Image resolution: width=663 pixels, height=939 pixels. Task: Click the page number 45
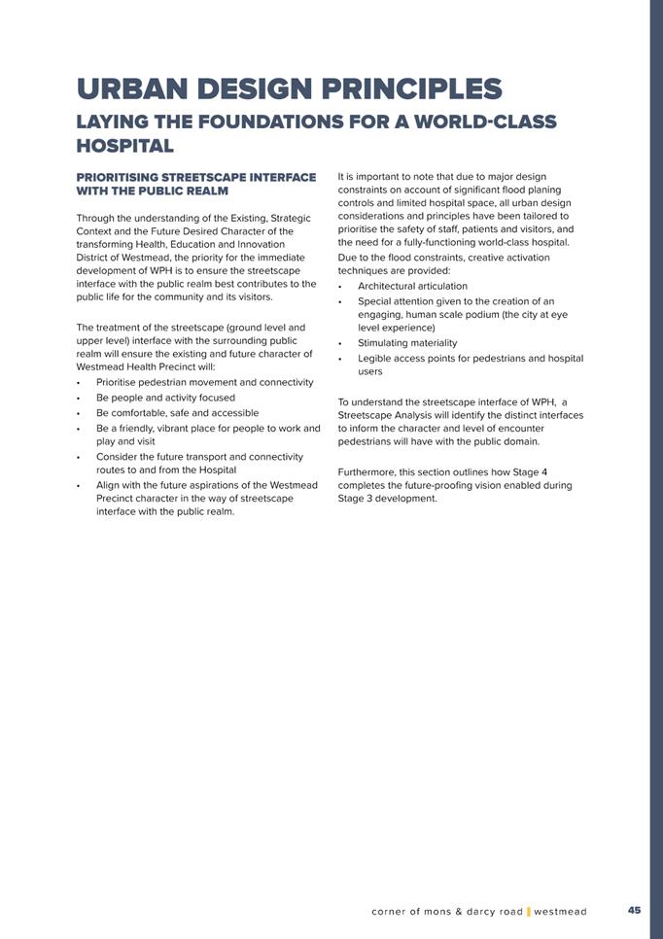[634, 911]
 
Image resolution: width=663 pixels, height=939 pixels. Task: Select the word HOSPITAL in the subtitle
[124, 147]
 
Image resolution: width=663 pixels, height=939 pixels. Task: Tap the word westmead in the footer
[561, 912]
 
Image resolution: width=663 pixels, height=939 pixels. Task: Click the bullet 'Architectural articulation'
[412, 286]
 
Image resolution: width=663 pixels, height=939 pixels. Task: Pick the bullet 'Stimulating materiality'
[407, 343]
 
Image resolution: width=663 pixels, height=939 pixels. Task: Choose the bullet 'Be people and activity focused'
[165, 398]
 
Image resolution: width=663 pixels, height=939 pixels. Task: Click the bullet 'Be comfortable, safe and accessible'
[177, 413]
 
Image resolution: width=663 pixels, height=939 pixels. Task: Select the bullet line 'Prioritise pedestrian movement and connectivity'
[204, 383]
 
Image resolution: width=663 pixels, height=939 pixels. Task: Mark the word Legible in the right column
[375, 358]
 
